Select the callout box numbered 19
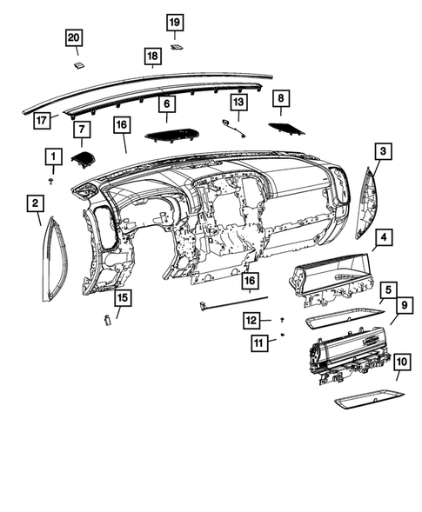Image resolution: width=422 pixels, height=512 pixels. click(175, 21)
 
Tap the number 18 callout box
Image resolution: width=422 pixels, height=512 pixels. click(152, 57)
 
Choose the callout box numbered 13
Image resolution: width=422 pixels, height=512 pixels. click(237, 103)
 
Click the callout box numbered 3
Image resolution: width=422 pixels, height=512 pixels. click(383, 152)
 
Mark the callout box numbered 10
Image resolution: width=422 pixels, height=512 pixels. click(401, 361)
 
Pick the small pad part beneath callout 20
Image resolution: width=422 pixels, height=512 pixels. click(78, 63)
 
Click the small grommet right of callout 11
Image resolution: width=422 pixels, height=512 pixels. click(285, 336)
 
